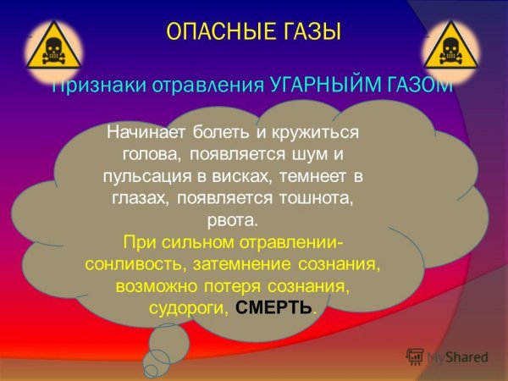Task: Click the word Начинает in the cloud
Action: tap(149, 134)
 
